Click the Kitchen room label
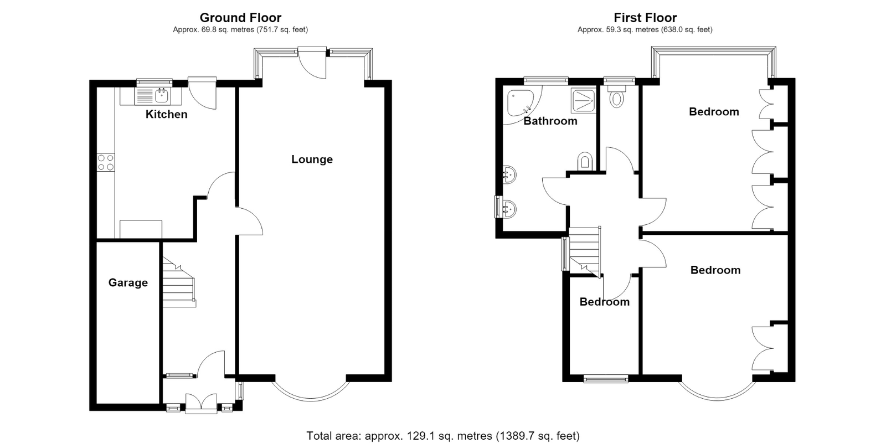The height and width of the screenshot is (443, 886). point(166,114)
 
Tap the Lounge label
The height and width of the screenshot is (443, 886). point(312,159)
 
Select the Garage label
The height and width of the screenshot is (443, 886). point(128,282)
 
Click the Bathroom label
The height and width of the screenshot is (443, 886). point(550,121)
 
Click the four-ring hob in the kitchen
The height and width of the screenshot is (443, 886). point(106,162)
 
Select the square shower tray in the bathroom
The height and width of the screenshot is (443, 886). point(583,100)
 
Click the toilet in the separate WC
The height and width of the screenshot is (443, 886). point(617,96)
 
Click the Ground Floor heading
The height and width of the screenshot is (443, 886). point(240,18)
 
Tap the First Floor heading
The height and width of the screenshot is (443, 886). point(645,18)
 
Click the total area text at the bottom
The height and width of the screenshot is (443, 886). point(443,435)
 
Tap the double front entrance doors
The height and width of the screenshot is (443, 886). point(201,403)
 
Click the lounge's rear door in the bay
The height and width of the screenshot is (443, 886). point(312,63)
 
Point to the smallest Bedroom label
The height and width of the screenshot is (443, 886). point(604,302)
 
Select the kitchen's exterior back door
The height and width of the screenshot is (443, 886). point(202,93)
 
